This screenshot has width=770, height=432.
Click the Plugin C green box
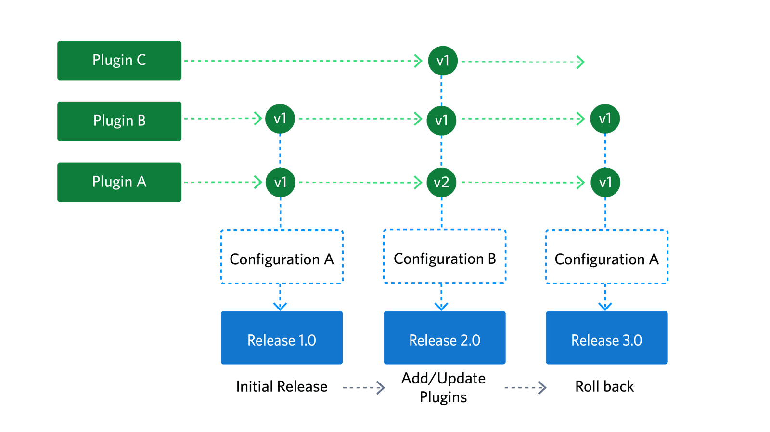click(119, 61)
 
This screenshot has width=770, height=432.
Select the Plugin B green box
click(119, 121)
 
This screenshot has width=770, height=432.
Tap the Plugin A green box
click(119, 182)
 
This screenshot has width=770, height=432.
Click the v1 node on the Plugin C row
click(442, 61)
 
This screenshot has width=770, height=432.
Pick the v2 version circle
click(441, 182)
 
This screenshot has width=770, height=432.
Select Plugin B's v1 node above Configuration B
click(441, 120)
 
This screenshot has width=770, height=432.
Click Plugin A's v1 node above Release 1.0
click(280, 182)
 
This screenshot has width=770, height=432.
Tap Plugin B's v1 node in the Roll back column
click(605, 119)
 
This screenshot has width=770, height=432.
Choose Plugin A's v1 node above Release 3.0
click(605, 182)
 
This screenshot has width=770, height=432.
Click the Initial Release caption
click(282, 386)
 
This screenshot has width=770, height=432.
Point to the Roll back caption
click(604, 386)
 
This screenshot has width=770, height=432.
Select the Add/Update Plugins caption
click(443, 387)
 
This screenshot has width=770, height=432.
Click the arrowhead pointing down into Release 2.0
click(441, 306)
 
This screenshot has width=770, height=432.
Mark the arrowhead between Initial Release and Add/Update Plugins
click(381, 387)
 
